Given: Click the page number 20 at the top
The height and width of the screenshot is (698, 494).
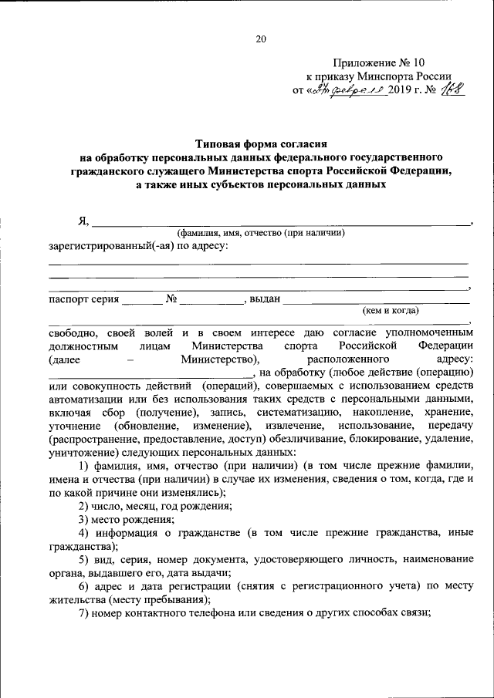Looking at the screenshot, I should (x=260, y=39).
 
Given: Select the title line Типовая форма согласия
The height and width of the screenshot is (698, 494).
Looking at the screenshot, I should (x=262, y=143).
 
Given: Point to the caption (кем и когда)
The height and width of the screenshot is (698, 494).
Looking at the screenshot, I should (x=391, y=310).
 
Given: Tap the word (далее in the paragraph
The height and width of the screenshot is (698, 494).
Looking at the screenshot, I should (x=63, y=359).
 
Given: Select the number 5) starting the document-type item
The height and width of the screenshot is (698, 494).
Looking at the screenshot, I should (x=84, y=559).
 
